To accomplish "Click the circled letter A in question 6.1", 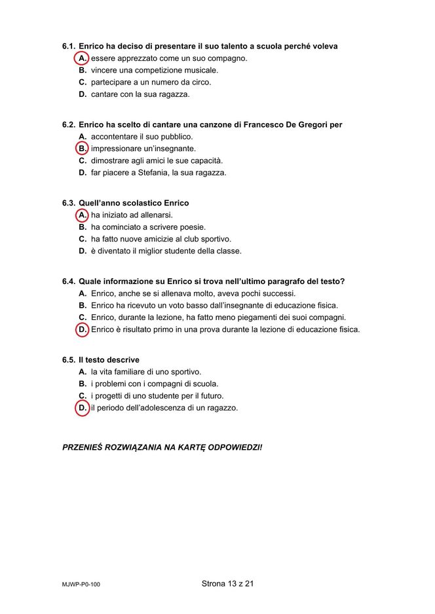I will [83, 58].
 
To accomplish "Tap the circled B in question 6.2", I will [83, 149].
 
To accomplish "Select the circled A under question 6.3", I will [83, 215].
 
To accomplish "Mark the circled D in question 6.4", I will [83, 329].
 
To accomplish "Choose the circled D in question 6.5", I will [83, 408].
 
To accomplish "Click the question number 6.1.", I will [69, 46].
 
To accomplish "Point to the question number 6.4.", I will [69, 281].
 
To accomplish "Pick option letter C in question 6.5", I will [83, 396].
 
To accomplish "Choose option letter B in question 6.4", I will [83, 306].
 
